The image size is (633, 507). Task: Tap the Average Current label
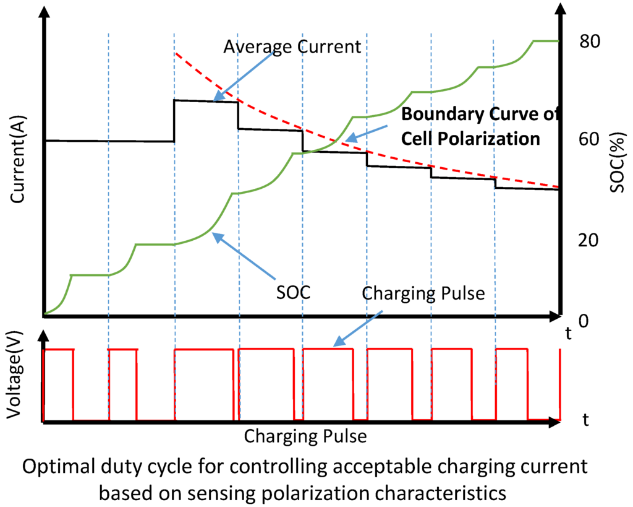click(292, 46)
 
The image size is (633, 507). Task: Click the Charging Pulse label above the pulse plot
click(423, 292)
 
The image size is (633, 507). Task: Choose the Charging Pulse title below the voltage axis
click(305, 436)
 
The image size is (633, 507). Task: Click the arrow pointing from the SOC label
click(245, 256)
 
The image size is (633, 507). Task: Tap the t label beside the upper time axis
click(568, 334)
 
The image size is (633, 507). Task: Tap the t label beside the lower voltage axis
click(585, 419)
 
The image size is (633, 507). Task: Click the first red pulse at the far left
click(59, 384)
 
